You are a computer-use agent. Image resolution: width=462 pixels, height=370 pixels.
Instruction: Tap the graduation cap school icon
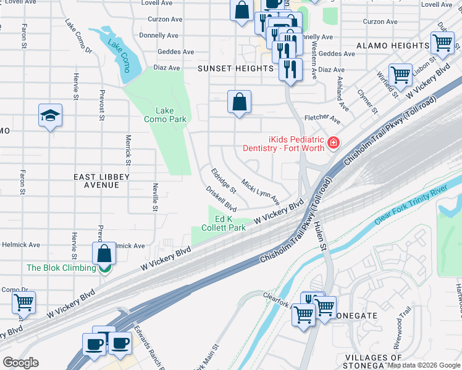tap(50, 115)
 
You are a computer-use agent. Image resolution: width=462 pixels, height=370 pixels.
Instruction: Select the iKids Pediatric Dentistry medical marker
tap(334, 143)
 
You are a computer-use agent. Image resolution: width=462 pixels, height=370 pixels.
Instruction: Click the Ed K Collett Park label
tap(230, 223)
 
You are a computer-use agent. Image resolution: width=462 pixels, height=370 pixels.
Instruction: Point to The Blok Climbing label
tap(61, 268)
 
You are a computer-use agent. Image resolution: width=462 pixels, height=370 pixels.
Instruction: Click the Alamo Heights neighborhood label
tap(393, 46)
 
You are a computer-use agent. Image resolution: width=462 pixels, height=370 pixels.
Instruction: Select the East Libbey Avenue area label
tap(102, 181)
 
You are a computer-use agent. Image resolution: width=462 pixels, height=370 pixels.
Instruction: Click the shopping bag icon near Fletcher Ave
tap(239, 102)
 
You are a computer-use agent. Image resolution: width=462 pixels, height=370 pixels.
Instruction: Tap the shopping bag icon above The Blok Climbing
tap(104, 253)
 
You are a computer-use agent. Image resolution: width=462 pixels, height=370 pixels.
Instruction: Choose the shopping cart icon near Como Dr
tap(23, 303)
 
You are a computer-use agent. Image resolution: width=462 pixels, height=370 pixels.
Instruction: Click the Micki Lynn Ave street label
tap(261, 193)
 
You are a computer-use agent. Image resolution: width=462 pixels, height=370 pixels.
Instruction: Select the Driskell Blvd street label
tap(222, 198)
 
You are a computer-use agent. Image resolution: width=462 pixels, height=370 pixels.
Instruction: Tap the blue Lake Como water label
tap(119, 53)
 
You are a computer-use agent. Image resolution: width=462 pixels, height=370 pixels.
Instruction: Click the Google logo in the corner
tap(20, 363)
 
